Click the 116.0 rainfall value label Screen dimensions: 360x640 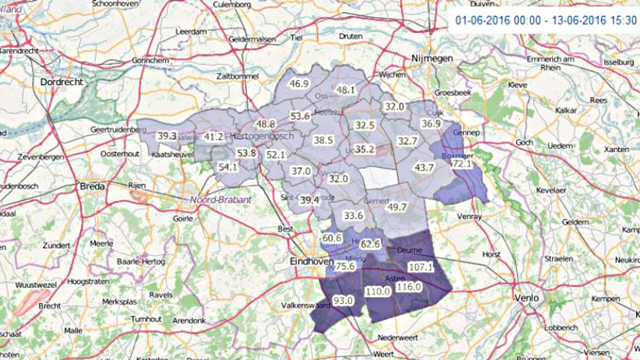408,287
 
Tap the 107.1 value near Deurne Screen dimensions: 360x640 420,267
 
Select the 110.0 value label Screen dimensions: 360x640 377,291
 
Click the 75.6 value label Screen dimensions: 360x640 345,266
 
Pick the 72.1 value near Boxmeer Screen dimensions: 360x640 461,164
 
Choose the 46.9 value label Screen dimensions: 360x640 299,83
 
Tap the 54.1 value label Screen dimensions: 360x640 228,167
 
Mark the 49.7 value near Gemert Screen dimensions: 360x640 397,207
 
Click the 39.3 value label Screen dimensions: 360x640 167,136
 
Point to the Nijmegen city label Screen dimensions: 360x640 432,58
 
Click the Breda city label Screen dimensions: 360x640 92,186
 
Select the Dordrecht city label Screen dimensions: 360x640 61,81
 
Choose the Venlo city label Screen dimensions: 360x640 526,298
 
